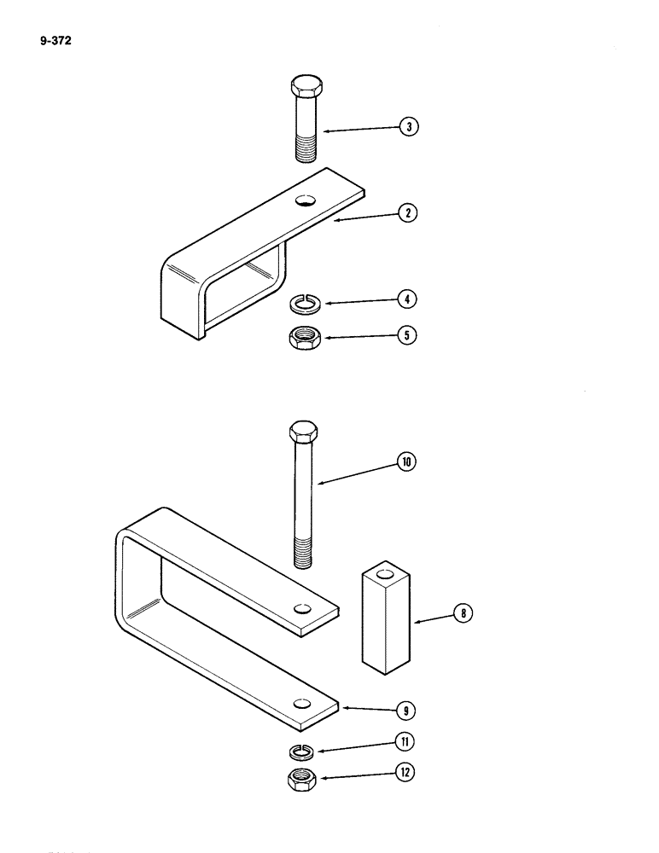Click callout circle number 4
pos(409,299)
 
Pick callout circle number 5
pos(409,336)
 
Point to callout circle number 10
pos(407,461)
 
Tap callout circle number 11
pos(408,743)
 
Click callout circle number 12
pos(408,775)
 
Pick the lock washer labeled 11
pos(301,750)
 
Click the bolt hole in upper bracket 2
pos(305,201)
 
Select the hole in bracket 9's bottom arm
pos(301,704)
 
